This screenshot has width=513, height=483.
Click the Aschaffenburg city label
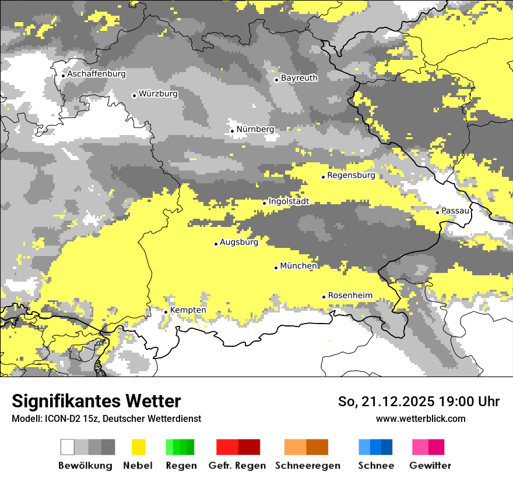click(96, 74)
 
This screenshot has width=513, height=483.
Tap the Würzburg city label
click(158, 94)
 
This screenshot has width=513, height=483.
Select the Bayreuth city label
click(299, 78)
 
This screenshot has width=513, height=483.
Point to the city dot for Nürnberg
click(232, 131)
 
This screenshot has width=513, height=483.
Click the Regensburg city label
click(351, 175)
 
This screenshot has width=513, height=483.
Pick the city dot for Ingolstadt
click(265, 203)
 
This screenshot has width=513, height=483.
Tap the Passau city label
click(455, 211)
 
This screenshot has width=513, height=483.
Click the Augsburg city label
click(239, 242)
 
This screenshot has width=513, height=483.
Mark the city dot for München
click(276, 268)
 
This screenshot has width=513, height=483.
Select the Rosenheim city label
click(350, 296)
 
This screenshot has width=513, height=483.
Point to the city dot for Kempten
click(166, 312)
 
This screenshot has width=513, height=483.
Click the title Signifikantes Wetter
click(96, 402)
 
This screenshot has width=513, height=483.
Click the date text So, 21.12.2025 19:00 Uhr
click(419, 402)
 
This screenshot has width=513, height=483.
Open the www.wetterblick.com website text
click(421, 418)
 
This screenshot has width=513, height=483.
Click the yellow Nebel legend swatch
click(138, 447)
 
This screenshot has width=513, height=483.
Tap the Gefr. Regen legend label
click(237, 466)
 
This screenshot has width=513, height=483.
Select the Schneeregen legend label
click(308, 466)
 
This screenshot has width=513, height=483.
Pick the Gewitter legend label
click(430, 466)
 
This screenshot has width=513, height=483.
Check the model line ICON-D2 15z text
click(106, 418)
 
